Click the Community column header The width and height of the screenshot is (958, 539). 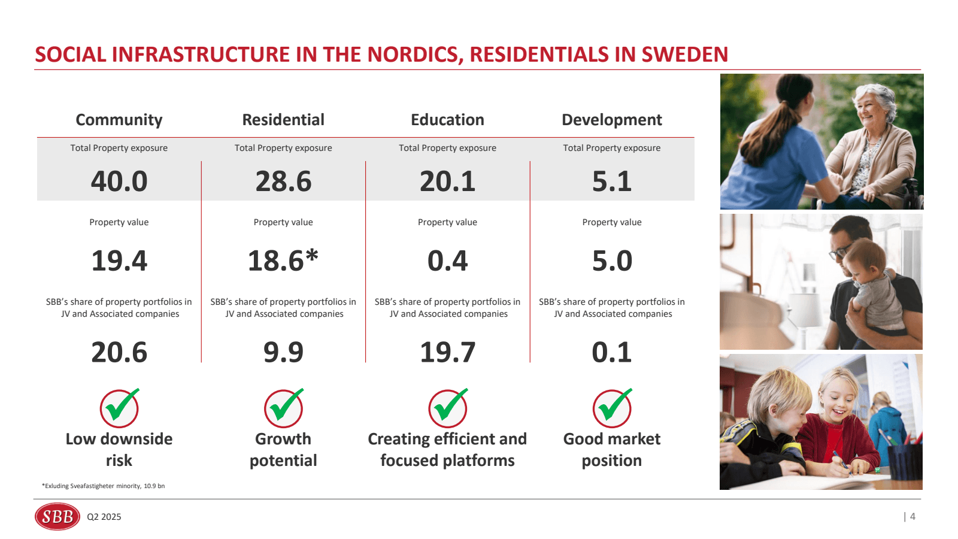(119, 120)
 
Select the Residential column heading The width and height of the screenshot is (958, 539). (283, 120)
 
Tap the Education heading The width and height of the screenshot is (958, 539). (447, 120)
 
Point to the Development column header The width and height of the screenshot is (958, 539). (611, 120)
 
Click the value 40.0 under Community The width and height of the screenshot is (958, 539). (119, 181)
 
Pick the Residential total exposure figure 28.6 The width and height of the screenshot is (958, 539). (283, 181)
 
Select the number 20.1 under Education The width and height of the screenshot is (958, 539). (447, 181)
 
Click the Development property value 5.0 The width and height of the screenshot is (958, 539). (611, 261)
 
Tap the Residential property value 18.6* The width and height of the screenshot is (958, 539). (283, 261)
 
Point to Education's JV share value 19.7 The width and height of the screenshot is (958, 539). (447, 352)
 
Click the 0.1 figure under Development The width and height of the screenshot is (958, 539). (611, 352)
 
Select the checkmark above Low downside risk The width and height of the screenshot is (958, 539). (120, 407)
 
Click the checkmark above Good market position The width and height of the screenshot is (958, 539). (613, 407)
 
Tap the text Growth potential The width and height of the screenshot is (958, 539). (283, 450)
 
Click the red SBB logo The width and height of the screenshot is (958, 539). (57, 516)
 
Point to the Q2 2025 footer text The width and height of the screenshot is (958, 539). (104, 517)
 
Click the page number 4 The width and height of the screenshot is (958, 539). (912, 516)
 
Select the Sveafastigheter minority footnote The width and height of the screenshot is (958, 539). (103, 486)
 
